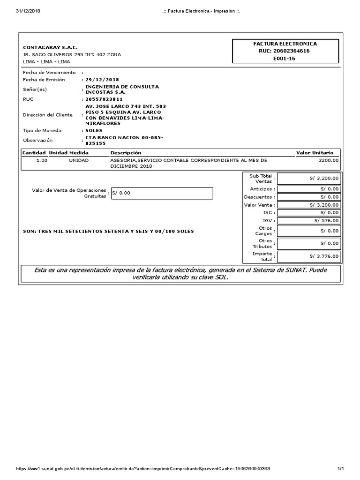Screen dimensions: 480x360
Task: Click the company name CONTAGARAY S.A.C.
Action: pos(50,47)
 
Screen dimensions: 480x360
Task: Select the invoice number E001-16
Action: pos(285,58)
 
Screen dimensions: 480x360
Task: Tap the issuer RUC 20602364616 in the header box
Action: pos(285,51)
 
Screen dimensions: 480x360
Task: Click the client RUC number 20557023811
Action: pos(104,99)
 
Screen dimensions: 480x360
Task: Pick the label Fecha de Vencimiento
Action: pos(49,73)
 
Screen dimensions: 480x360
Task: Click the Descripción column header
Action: pos(126,153)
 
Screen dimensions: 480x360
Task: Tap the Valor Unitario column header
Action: pos(315,153)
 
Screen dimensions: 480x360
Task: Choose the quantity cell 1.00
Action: pos(42,160)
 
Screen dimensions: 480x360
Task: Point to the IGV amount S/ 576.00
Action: pos(326,220)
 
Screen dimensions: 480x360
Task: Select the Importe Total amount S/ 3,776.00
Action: pos(324,256)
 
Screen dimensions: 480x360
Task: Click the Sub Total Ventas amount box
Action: pos(308,178)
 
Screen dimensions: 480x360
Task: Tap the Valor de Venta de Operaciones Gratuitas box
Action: pos(162,193)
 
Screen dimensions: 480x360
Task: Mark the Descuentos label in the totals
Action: pos(258,197)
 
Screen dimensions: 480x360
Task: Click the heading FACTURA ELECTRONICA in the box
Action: pos(285,43)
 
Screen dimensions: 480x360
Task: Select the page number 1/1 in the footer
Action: pos(341,469)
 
